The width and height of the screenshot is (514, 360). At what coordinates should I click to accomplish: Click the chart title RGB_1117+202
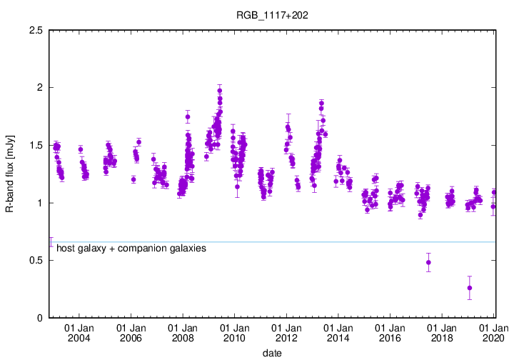[x=266, y=14]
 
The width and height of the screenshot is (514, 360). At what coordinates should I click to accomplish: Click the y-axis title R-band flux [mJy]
[x=10, y=174]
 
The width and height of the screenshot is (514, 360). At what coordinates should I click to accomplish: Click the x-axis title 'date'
[x=272, y=353]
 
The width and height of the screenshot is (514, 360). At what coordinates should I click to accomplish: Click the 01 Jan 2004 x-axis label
[x=79, y=332]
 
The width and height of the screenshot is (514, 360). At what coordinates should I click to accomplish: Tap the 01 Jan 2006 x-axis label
[x=131, y=332]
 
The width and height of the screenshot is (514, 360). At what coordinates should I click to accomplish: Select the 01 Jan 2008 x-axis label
[x=183, y=332]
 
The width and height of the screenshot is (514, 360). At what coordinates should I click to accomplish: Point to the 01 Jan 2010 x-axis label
[x=235, y=332]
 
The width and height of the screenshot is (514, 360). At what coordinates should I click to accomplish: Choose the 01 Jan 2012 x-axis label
[x=286, y=332]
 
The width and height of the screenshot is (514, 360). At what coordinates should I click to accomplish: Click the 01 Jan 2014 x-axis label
[x=338, y=332]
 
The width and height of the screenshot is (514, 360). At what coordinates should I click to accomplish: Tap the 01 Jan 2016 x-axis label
[x=390, y=332]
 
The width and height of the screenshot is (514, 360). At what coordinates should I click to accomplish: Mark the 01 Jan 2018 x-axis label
[x=442, y=332]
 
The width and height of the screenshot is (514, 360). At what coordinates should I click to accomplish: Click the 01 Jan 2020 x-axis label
[x=493, y=332]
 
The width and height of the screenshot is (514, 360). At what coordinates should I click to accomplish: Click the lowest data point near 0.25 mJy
[x=469, y=288]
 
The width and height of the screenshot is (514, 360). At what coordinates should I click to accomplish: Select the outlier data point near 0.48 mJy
[x=428, y=262]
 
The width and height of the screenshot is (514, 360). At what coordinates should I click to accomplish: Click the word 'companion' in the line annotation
[x=135, y=249]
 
